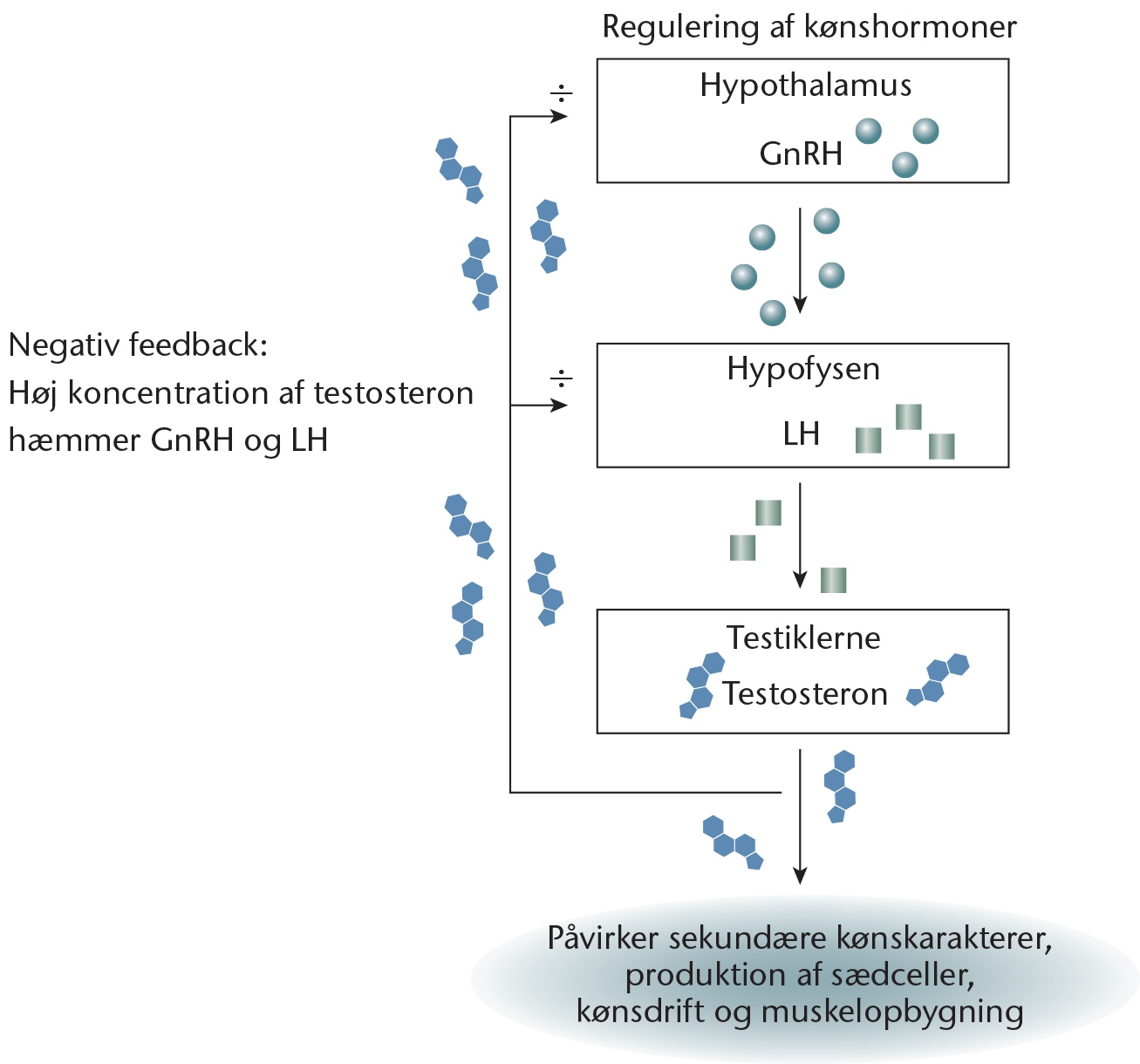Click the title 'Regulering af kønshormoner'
point(809,28)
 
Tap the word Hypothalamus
point(805,86)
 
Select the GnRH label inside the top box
point(801,153)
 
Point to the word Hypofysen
point(803,369)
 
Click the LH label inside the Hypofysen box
point(801,433)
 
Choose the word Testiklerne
point(803,638)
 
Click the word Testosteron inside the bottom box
point(805,693)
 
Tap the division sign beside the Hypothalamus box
point(561,93)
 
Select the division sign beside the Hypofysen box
point(561,379)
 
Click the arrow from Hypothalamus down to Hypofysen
point(800,261)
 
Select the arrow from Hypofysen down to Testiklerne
point(800,535)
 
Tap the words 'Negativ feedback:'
point(138,345)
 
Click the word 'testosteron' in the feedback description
point(393,393)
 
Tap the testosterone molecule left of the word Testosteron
point(701,685)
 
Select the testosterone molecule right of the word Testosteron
point(938,679)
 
